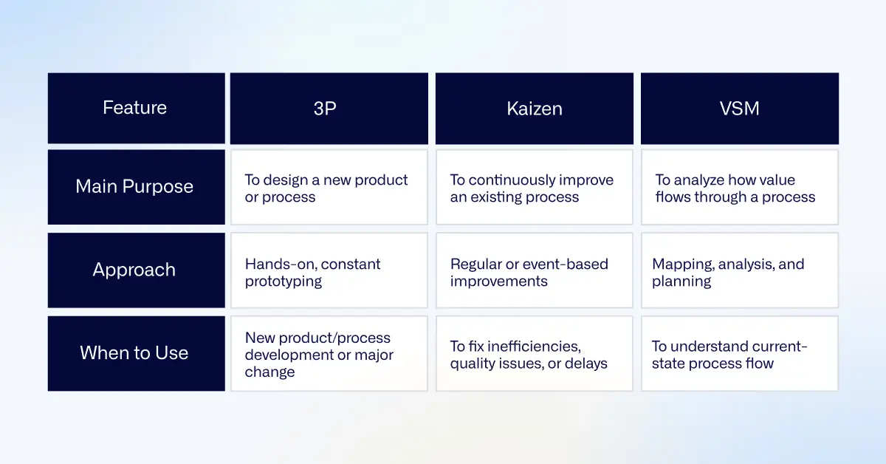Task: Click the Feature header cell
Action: [135, 108]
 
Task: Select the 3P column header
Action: [329, 108]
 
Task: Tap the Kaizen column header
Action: [534, 108]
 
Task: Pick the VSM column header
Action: [739, 108]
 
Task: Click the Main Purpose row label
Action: [135, 187]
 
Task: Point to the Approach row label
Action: [135, 270]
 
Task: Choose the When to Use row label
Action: [135, 353]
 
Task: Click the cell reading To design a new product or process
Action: [329, 188]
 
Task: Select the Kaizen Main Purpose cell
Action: [534, 188]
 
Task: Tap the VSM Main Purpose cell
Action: [739, 188]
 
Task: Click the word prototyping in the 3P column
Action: [283, 282]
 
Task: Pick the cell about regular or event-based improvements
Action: [534, 273]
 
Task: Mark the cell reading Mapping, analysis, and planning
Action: [739, 273]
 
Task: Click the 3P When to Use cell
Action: [329, 355]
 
